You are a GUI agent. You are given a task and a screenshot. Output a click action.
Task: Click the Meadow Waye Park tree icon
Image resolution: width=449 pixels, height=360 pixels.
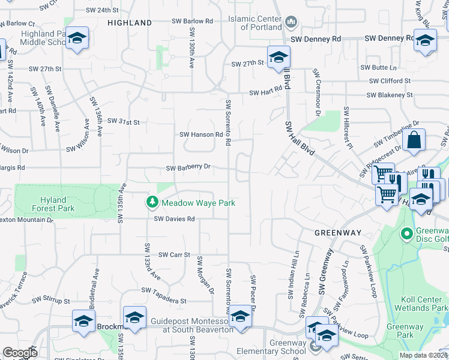pyautogui.click(x=152, y=203)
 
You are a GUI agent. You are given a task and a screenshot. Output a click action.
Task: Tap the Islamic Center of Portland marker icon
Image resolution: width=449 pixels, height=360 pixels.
pyautogui.click(x=291, y=22)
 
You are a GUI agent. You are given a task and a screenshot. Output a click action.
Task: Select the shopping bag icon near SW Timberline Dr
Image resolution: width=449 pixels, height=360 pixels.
pyautogui.click(x=414, y=142)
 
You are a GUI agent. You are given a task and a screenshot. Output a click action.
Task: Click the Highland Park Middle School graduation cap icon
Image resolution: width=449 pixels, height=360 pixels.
pyautogui.click(x=76, y=39)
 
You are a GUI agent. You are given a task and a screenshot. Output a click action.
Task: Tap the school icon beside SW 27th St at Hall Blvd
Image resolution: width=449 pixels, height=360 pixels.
pyautogui.click(x=278, y=58)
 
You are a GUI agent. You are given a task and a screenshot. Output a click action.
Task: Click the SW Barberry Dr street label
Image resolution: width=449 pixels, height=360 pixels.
pyautogui.click(x=188, y=167)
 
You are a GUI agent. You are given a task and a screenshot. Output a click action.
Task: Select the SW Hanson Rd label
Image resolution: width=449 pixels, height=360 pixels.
pyautogui.click(x=201, y=134)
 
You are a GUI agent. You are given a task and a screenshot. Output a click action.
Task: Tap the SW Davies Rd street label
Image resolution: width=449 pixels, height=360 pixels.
pyautogui.click(x=174, y=219)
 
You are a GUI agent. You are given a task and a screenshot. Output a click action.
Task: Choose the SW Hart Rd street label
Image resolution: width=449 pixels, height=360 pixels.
pyautogui.click(x=265, y=92)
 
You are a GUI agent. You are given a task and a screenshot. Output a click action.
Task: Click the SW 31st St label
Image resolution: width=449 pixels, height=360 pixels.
pyautogui.click(x=123, y=121)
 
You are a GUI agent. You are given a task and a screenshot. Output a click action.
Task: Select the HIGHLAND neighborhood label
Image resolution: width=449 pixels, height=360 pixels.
pyautogui.click(x=130, y=23)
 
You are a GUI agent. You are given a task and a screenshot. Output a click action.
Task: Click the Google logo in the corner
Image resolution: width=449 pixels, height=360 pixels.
pyautogui.click(x=20, y=353)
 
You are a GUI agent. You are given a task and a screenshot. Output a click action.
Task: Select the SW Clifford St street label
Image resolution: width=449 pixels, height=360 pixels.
pyautogui.click(x=390, y=80)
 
